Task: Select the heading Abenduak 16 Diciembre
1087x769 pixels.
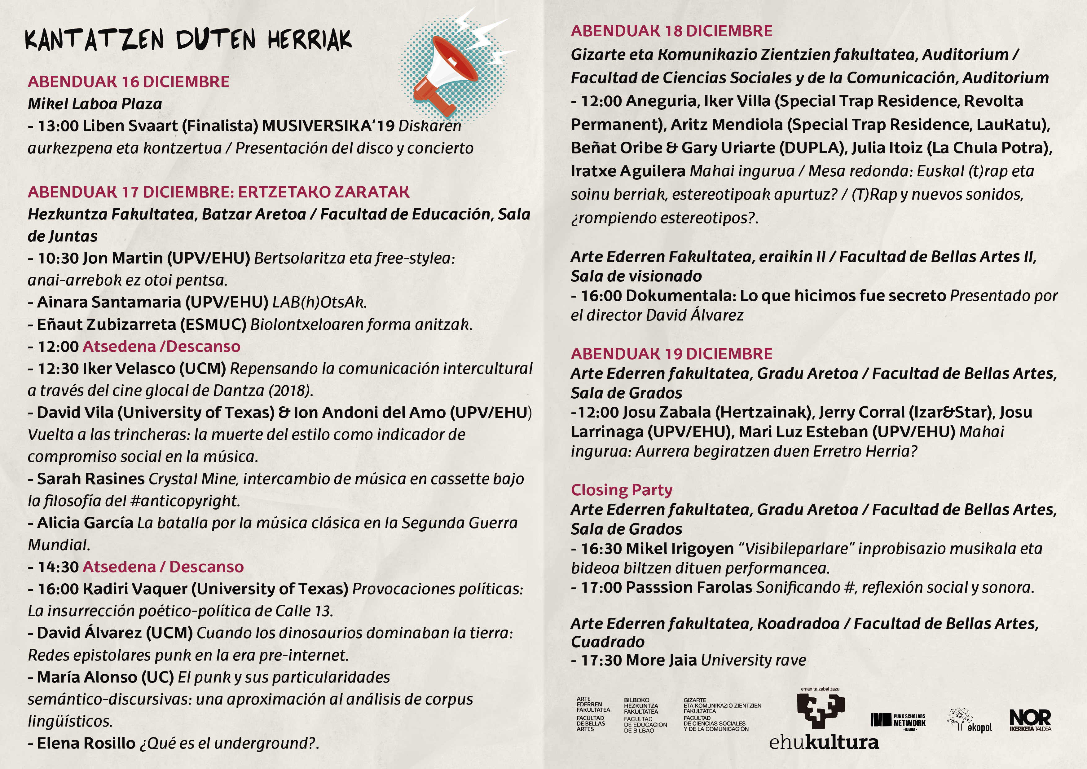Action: tap(128, 82)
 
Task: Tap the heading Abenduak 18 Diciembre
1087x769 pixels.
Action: tap(671, 31)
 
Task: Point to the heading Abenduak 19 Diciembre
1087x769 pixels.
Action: tap(671, 354)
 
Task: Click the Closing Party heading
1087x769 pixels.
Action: tap(621, 490)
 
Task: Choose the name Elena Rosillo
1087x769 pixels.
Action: tap(86, 743)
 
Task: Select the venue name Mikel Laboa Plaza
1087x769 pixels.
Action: tap(95, 104)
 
